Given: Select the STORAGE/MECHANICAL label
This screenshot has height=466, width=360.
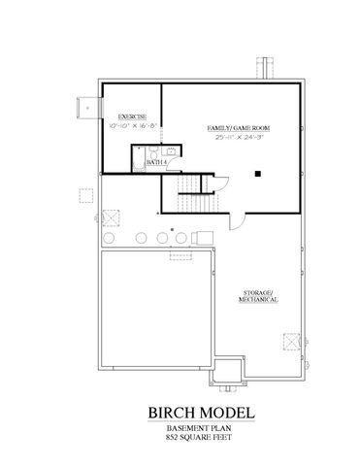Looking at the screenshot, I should pos(258,296).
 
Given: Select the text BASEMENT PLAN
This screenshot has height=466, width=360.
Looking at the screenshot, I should pos(180,428).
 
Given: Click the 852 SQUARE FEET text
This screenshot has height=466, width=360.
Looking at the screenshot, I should pos(180,438).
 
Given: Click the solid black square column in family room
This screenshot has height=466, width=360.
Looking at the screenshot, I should pos(259,174).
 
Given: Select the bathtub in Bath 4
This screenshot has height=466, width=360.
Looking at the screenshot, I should pos(140,156).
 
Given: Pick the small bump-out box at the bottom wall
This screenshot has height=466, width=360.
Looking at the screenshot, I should pos(226,370).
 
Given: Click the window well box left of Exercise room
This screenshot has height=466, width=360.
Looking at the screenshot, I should pos(87,109).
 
